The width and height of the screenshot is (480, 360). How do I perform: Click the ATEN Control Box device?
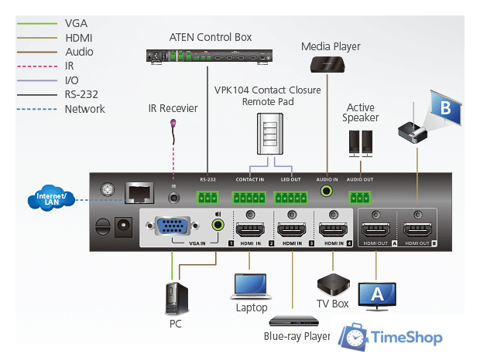210,56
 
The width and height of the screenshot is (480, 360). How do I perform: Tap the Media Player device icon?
331,63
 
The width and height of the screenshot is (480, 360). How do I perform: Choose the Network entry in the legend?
85,109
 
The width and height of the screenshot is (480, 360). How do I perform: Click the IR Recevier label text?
173,108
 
